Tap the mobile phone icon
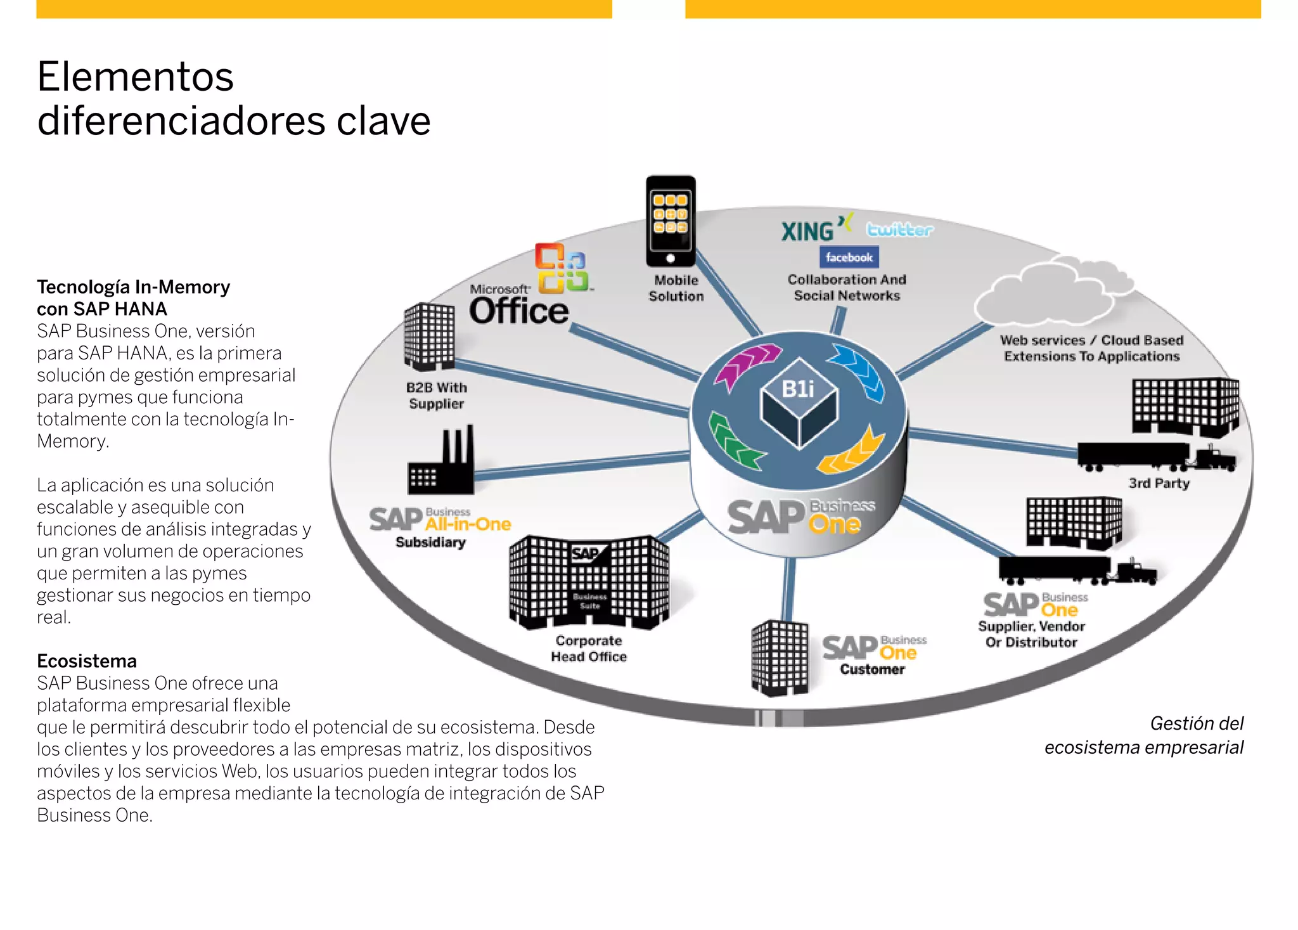coord(671,221)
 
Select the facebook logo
coord(849,257)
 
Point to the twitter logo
coord(899,229)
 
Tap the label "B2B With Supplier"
coord(437,396)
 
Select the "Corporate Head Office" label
coord(589,649)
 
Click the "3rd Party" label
coord(1159,483)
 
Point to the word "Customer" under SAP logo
coord(872,669)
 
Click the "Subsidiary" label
coord(430,543)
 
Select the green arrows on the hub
coord(735,441)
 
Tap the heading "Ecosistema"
coord(87,661)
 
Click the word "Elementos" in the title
coord(136,77)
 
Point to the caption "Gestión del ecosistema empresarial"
coord(1144,735)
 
